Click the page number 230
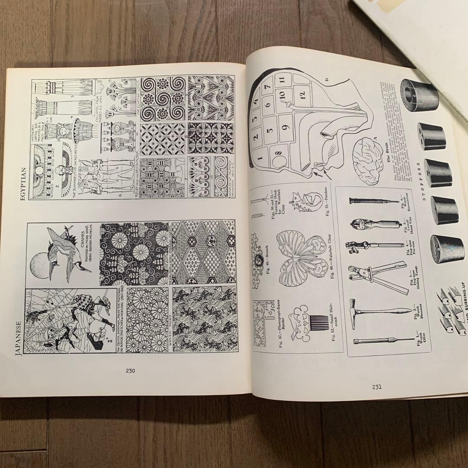pos(130,370)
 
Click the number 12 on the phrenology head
pos(302,94)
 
